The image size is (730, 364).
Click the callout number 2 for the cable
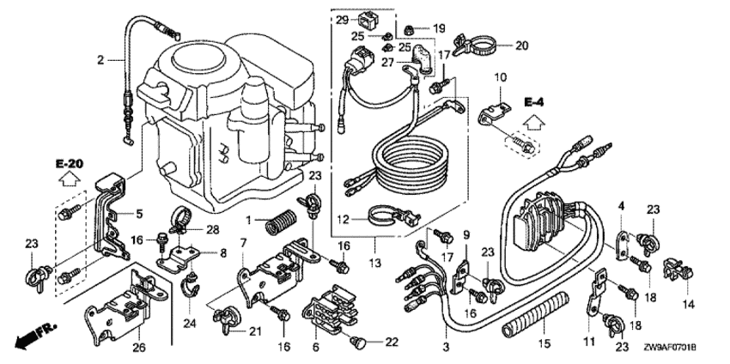[100, 60]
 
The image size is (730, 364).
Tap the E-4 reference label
[534, 103]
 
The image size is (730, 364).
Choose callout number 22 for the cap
[392, 342]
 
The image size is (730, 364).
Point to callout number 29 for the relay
[341, 20]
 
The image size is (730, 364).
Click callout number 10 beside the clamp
[499, 79]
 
